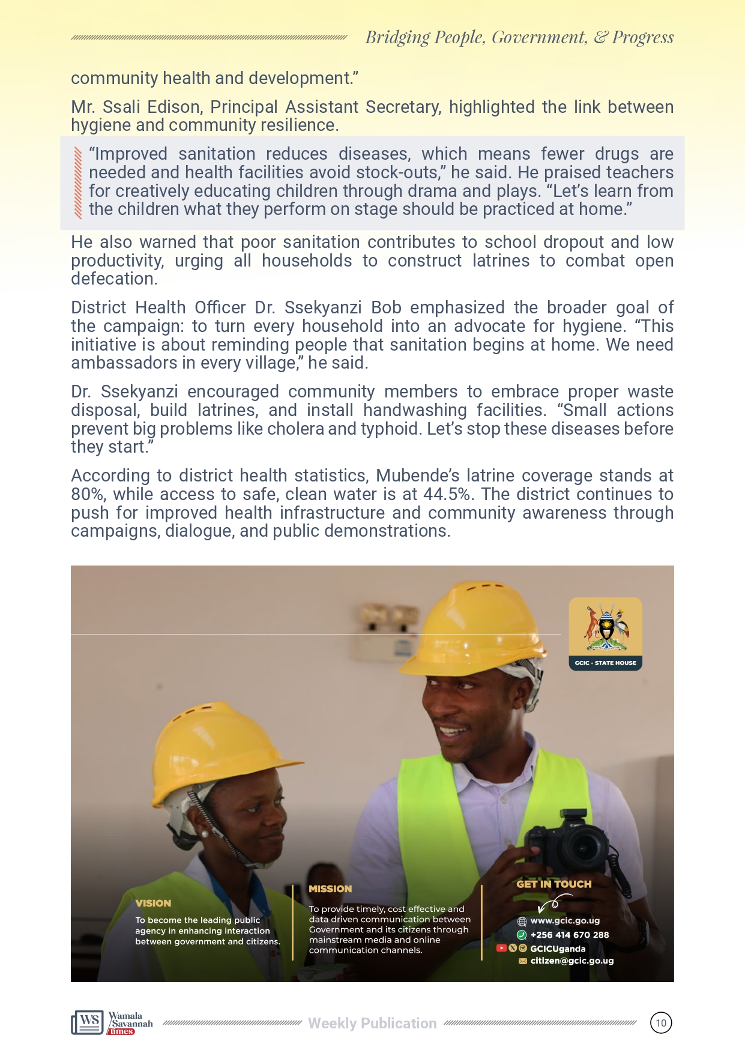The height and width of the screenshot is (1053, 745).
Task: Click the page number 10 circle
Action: point(661,1023)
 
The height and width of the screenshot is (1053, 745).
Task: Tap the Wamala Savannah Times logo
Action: point(112,1023)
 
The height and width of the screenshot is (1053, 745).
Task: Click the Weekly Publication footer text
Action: point(372,1023)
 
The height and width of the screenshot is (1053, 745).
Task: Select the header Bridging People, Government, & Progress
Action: point(519,37)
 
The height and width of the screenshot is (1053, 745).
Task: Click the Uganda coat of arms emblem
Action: point(605,628)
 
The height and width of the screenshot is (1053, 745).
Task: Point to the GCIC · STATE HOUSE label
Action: point(605,663)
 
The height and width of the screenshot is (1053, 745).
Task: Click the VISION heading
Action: point(153,903)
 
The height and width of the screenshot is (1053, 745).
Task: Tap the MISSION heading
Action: point(330,889)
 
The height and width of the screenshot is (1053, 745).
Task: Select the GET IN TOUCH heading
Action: point(553,884)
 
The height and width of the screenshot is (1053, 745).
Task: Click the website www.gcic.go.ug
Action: point(564,921)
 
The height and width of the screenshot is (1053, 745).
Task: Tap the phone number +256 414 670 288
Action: point(569,935)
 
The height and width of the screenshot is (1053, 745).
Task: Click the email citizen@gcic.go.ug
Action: point(572,961)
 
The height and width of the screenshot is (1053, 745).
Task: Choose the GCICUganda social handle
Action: point(558,949)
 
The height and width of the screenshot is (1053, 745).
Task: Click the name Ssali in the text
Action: point(121,107)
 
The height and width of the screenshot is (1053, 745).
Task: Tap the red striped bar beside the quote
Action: point(77,182)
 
